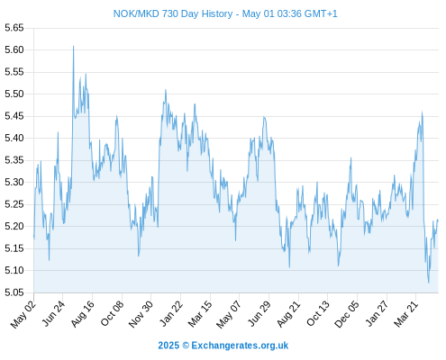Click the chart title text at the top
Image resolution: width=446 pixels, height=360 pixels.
pos(225,13)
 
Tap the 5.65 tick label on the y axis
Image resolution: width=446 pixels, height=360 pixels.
pos(14,28)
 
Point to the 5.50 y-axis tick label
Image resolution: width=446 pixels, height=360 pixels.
pos(14,94)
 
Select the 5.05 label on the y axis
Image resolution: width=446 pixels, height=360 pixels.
pos(14,292)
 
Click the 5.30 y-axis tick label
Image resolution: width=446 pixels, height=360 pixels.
pos(14,182)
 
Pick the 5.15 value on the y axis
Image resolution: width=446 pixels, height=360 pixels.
pos(14,248)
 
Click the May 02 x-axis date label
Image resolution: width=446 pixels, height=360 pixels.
pos(23,314)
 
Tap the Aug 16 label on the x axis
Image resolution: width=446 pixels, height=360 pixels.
pos(82,314)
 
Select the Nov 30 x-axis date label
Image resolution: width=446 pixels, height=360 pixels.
pos(141,314)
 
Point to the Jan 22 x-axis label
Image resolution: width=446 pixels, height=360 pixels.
pos(171,314)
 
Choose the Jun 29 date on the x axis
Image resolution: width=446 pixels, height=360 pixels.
pos(259,314)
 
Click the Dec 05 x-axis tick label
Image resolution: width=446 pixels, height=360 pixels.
pos(347,314)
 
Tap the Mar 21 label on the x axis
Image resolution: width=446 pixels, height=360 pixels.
pos(405,314)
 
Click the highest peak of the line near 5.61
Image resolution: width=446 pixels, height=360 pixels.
pos(73,46)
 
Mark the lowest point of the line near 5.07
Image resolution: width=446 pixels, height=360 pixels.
pos(429,283)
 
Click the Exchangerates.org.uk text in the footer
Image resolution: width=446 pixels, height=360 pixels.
pos(240,346)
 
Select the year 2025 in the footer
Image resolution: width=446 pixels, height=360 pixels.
pos(168,346)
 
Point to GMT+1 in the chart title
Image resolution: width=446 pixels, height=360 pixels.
pos(321,13)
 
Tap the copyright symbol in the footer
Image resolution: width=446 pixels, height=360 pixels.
pos(186,346)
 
